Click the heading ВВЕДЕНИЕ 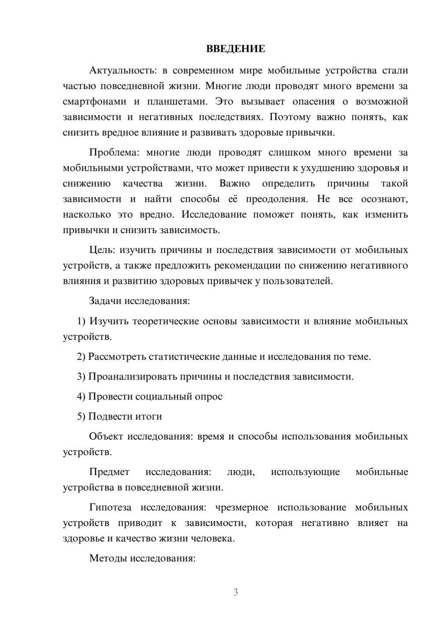(x=235, y=49)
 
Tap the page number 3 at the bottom (x=235, y=592)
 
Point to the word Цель (x=102, y=250)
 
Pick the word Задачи (x=105, y=301)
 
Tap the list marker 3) (x=81, y=377)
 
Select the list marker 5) (x=81, y=416)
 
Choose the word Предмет (x=109, y=472)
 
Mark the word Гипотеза (x=110, y=507)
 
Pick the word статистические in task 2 (x=184, y=357)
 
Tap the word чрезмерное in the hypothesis (x=242, y=507)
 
